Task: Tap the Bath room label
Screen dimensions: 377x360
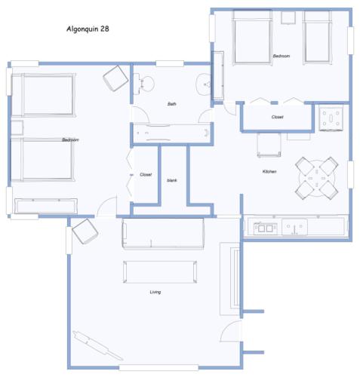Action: pos(171,104)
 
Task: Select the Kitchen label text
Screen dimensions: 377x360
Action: pos(269,172)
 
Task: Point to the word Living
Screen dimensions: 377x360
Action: pos(155,291)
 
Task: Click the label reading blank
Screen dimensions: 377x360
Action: pos(171,180)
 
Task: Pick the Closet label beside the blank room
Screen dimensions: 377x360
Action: pos(146,174)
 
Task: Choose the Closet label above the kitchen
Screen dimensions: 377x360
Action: pos(277,117)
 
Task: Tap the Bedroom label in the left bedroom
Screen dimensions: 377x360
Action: pos(71,140)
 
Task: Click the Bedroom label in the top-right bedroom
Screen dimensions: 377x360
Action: pos(282,57)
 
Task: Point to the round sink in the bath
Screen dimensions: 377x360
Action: pos(203,85)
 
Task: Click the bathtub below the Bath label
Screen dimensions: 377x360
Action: pos(172,133)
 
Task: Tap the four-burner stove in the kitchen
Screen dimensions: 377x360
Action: pos(333,118)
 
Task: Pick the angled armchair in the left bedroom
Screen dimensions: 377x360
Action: pos(115,77)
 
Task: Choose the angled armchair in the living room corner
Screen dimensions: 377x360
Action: pos(82,234)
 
